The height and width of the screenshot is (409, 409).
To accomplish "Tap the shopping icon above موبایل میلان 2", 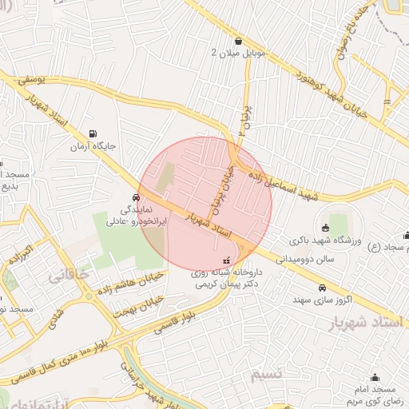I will click(238, 42).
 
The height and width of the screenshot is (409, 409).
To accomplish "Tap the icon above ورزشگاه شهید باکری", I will click(325, 228).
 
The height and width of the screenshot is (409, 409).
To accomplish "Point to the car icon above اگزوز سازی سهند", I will click(321, 288).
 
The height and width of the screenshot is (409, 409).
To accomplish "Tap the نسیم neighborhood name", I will click(265, 375).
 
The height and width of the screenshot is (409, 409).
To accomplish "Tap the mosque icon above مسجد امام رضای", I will click(375, 377).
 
